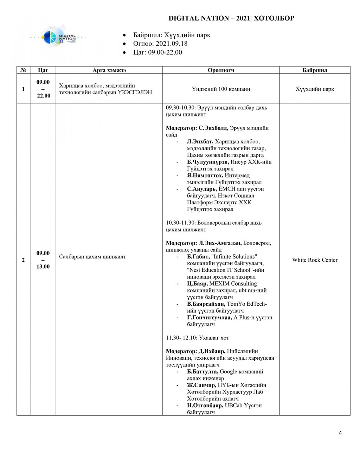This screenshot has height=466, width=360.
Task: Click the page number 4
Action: click(x=340, y=433)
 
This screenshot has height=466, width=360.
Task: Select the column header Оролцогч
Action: click(x=221, y=70)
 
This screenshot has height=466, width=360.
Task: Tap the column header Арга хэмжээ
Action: click(x=109, y=70)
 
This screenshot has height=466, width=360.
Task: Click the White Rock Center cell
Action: click(x=315, y=260)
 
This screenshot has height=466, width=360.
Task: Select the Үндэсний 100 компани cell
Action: click(x=221, y=89)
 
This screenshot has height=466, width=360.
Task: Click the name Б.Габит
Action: click(x=198, y=257)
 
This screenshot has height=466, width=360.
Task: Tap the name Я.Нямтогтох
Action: click(x=205, y=175)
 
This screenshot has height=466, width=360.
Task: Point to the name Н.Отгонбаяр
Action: click(x=205, y=406)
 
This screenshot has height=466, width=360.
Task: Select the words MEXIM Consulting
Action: click(x=233, y=284)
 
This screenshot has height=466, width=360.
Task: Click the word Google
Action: click(x=229, y=372)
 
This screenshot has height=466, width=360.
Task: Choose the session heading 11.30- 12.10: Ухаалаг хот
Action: click(x=197, y=338)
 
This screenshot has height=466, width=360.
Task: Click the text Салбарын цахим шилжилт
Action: click(x=92, y=257)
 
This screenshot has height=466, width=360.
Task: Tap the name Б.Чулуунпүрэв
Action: click(x=208, y=162)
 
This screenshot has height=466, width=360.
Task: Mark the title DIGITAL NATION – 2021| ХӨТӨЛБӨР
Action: click(x=231, y=18)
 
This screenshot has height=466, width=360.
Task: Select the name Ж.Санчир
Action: click(x=201, y=385)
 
